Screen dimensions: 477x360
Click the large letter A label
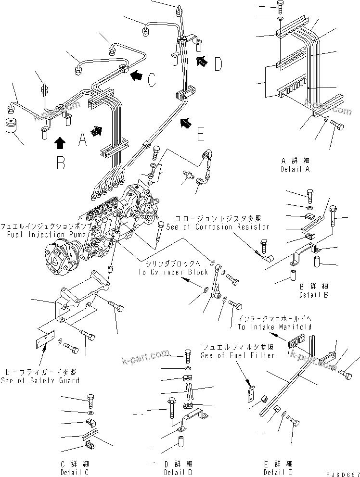82,140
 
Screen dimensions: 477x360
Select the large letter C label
151,79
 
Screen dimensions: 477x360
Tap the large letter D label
218,63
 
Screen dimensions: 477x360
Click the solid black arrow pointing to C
137,75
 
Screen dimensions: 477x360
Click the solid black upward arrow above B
60,142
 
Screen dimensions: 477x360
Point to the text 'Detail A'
295,170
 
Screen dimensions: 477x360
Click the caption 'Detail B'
314,295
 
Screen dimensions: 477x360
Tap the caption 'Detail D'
178,472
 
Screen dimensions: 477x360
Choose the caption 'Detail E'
274,472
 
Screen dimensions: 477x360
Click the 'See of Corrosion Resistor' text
218,226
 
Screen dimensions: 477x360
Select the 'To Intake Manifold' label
274,327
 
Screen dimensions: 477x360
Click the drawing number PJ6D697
339,474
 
